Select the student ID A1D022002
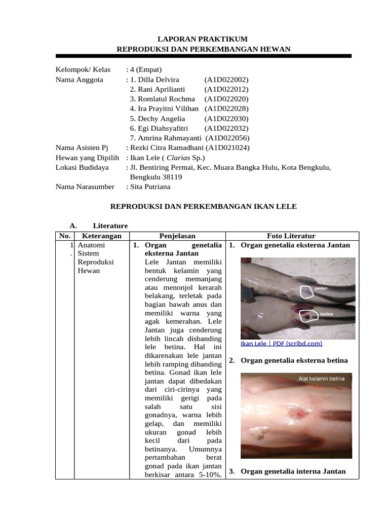[x=226, y=80]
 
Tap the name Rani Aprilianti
[x=158, y=89]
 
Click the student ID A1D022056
[x=228, y=138]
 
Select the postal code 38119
[x=172, y=177]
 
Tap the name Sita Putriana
[x=150, y=187]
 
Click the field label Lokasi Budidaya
[x=82, y=167]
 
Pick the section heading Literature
[x=110, y=226]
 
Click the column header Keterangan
[x=102, y=236]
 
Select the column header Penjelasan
[x=177, y=236]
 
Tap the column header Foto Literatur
[x=291, y=236]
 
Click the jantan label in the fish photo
[x=321, y=287]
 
